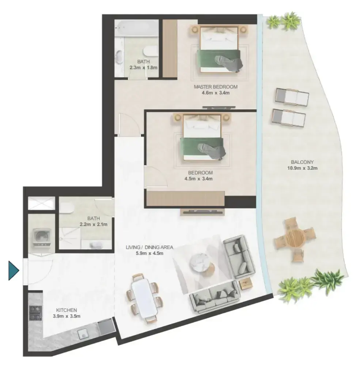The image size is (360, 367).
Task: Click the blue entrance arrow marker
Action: (x=14, y=271)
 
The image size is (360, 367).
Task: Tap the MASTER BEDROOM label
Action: (x=216, y=87)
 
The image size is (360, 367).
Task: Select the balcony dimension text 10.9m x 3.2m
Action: (x=302, y=168)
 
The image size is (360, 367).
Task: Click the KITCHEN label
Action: (x=67, y=310)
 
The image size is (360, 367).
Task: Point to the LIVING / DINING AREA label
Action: (x=149, y=247)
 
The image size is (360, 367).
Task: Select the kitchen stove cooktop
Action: (x=35, y=313)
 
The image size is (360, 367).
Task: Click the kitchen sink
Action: (x=83, y=334)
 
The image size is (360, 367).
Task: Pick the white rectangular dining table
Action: (x=144, y=297)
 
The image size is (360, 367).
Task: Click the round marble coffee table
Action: (x=198, y=263)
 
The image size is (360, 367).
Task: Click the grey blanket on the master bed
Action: (x=229, y=63)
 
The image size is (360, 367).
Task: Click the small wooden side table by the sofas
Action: (x=246, y=283)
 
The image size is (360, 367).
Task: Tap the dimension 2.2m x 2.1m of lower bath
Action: (x=94, y=224)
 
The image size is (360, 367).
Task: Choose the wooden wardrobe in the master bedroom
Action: (x=170, y=48)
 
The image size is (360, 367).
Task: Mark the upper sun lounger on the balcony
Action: (x=292, y=97)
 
